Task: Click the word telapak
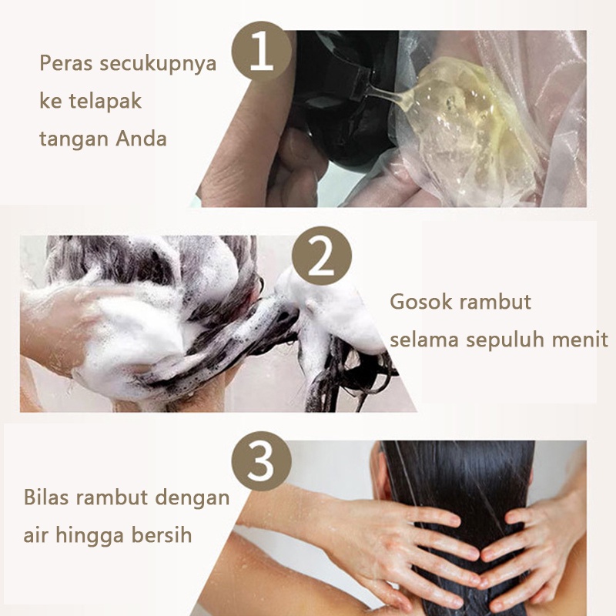(110, 102)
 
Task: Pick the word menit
(581, 339)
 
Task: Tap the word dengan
(192, 497)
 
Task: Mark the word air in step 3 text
(37, 534)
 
